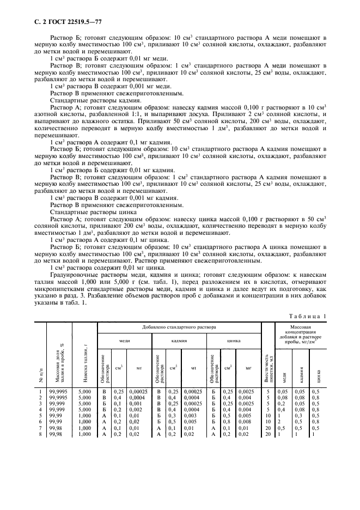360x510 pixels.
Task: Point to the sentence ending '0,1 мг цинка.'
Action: [x=88, y=239]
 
